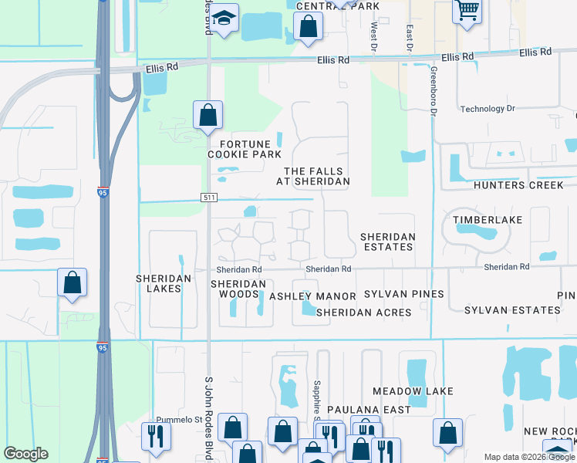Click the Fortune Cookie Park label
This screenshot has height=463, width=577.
pos(245,149)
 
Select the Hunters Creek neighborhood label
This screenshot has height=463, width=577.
pos(525,185)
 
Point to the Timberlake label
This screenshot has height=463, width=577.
pos(488,220)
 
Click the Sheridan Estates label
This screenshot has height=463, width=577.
pos(388,242)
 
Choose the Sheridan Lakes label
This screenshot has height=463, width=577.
pos(158,283)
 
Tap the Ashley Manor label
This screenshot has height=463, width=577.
pos(312,296)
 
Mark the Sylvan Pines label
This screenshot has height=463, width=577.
pos(404,294)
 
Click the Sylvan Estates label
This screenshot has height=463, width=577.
pos(512,309)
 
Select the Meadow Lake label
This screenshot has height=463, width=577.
pos(413,391)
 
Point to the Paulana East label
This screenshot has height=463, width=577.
pos(369,410)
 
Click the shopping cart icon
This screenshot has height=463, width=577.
pos(467,11)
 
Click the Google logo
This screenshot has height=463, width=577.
pos(25,454)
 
